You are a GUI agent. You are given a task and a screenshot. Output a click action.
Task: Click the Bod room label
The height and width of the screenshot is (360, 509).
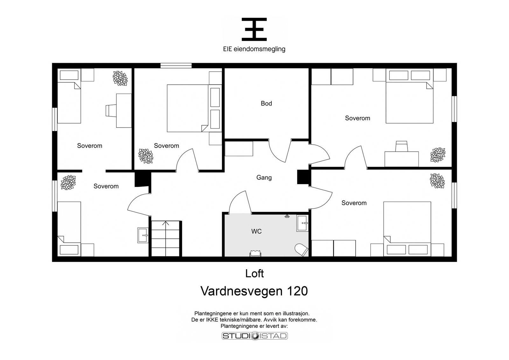click(x=266, y=104)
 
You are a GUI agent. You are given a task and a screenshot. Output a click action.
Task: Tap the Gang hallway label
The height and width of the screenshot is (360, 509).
click(x=264, y=177)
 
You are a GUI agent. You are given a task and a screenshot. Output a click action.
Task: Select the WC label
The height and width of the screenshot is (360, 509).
click(x=256, y=231)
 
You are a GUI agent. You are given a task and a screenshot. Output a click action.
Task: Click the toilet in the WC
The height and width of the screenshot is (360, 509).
click(x=301, y=250)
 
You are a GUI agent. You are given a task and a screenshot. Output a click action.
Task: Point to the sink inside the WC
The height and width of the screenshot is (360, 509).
click(x=303, y=223)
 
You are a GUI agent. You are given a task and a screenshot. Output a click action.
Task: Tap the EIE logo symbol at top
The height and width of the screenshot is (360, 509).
click(x=254, y=29)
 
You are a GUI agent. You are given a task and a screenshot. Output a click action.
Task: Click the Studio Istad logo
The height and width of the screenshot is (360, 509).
click(x=255, y=336)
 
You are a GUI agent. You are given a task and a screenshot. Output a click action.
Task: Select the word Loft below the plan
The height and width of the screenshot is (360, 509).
click(x=254, y=274)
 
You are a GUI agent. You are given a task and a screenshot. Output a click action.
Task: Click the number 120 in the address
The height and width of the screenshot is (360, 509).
click(x=297, y=291)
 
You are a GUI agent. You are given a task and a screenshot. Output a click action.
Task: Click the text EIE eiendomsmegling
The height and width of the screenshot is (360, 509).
click(x=254, y=49)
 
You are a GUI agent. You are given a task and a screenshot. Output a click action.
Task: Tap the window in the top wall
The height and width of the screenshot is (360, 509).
click(x=176, y=66)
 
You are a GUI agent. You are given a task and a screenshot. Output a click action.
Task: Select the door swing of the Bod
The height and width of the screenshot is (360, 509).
click(x=280, y=151)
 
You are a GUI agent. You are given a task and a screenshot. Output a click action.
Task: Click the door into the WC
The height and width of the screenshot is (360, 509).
click(x=240, y=202)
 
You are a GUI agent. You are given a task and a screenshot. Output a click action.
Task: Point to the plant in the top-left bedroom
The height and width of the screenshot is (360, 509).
click(x=120, y=78)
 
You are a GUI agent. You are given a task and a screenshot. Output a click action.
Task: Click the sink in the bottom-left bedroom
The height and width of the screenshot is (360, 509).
click(x=143, y=236)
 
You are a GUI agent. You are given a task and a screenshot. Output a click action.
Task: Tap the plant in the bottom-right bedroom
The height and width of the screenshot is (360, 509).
click(x=437, y=181)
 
